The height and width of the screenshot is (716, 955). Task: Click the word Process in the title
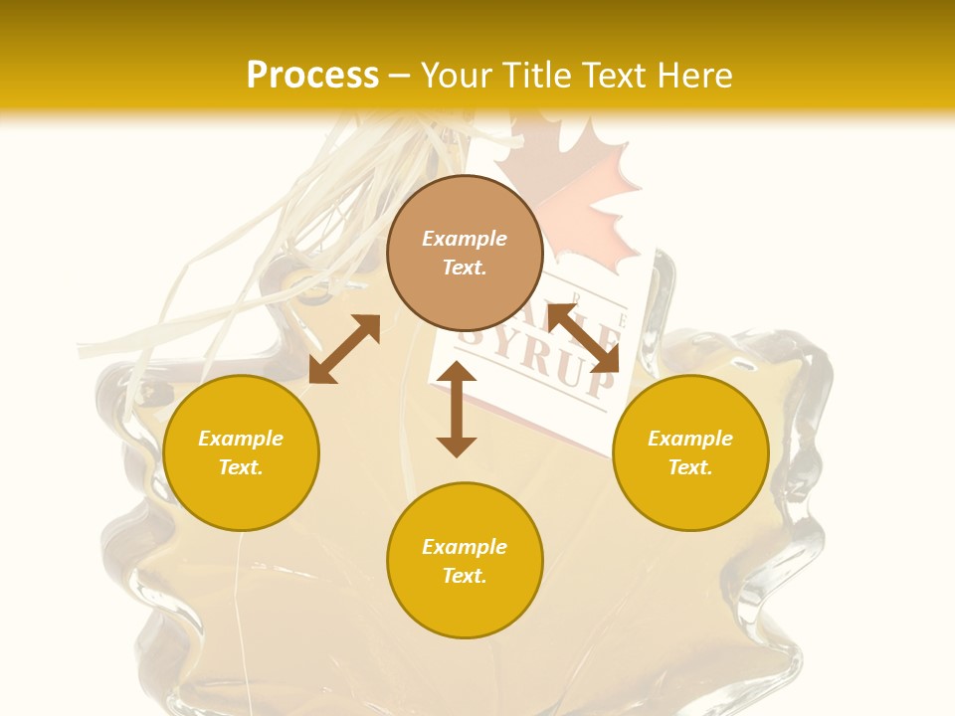coord(312,76)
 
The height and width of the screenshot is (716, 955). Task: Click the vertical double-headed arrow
coord(457,409)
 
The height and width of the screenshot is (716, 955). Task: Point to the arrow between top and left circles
coord(344,348)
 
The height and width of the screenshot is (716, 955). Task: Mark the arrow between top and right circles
coord(583,337)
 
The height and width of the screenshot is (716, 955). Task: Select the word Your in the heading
coord(453,76)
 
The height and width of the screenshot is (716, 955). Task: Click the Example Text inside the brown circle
coord(465,253)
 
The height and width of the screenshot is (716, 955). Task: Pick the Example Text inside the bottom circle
coord(465,561)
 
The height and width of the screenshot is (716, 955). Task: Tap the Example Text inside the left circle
coord(241,452)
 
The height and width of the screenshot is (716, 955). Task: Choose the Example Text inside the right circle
coord(690,452)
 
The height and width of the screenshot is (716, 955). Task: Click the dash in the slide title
coord(400,76)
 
